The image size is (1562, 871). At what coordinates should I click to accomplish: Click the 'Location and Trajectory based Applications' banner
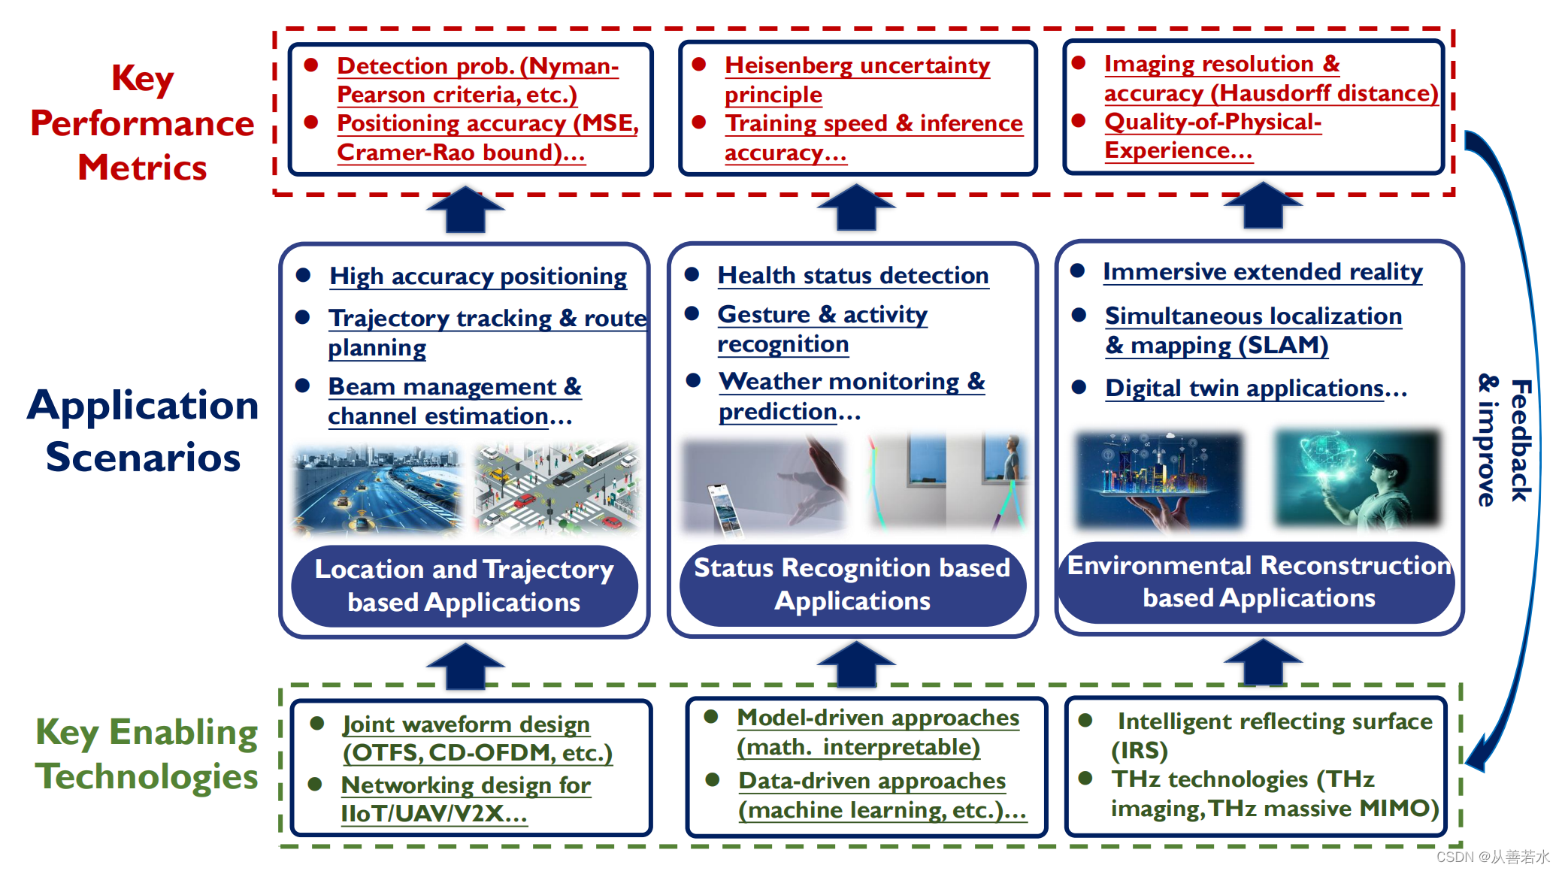click(464, 585)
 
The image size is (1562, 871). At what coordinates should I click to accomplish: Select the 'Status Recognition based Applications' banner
click(852, 584)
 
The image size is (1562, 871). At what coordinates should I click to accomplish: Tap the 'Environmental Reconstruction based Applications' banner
click(1259, 581)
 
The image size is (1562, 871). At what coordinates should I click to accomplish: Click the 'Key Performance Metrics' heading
click(142, 122)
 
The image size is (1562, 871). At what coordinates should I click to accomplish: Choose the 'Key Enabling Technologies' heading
click(147, 754)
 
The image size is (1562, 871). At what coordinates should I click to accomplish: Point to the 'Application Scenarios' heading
click(143, 431)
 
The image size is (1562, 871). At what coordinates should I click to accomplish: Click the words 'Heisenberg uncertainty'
click(857, 65)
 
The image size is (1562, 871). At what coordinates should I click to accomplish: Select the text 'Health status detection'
click(852, 275)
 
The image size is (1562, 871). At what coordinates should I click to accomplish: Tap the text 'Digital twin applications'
click(1244, 388)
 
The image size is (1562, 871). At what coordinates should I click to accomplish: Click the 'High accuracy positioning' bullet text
click(478, 276)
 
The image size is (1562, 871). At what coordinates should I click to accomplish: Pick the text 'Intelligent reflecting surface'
click(1274, 721)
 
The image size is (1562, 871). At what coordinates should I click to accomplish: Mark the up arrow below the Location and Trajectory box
click(465, 666)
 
